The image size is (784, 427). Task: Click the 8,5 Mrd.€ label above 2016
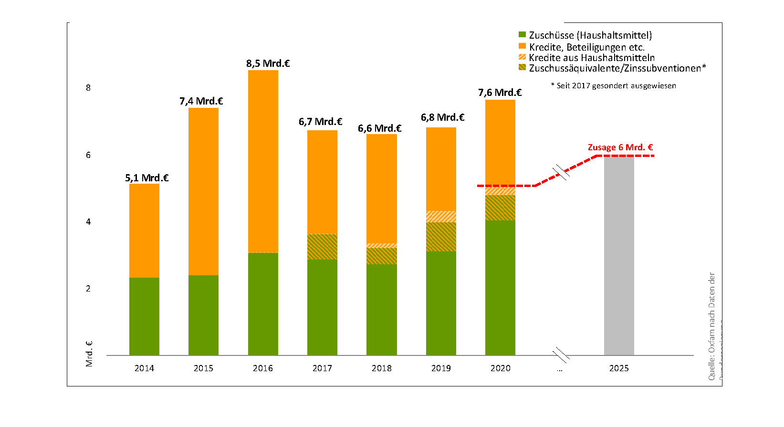pyautogui.click(x=268, y=63)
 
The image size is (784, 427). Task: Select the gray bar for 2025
pyautogui.click(x=619, y=255)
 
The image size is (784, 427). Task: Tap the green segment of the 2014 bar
pyautogui.click(x=144, y=316)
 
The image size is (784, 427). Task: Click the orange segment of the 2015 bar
pyautogui.click(x=203, y=191)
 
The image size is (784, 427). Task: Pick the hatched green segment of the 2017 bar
pyautogui.click(x=322, y=247)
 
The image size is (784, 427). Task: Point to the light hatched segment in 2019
pyautogui.click(x=441, y=216)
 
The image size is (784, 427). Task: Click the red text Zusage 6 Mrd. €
pyautogui.click(x=620, y=147)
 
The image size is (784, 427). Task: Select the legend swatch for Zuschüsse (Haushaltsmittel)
pyautogui.click(x=522, y=35)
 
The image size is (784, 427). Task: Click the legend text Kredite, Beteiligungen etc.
pyautogui.click(x=586, y=47)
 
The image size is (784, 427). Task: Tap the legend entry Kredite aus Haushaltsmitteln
pyautogui.click(x=591, y=58)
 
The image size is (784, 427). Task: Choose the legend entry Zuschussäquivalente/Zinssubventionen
pyautogui.click(x=617, y=68)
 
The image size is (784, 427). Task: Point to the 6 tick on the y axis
pyautogui.click(x=88, y=155)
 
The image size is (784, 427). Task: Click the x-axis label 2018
pyautogui.click(x=381, y=368)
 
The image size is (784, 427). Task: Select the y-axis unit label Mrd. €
pyautogui.click(x=89, y=354)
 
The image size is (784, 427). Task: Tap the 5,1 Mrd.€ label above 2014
pyautogui.click(x=146, y=178)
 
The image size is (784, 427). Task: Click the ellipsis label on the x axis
pyautogui.click(x=559, y=368)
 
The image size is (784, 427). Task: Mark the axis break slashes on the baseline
pyautogui.click(x=561, y=355)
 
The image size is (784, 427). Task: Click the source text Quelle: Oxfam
pyautogui.click(x=711, y=327)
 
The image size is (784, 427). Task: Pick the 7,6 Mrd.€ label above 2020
pyautogui.click(x=500, y=93)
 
